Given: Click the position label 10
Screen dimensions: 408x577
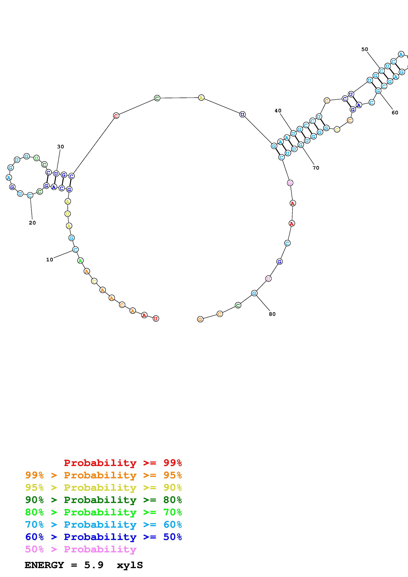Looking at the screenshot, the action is [50, 260].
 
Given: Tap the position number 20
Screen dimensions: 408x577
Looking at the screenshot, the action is [32, 223].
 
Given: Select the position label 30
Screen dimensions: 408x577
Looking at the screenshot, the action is [61, 147].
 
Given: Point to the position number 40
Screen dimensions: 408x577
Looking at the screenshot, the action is [278, 111].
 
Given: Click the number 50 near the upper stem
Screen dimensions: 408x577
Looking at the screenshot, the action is [365, 49].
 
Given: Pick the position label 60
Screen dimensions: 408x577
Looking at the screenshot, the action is [395, 113].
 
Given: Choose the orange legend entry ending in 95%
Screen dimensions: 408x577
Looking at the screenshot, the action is [104, 475].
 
